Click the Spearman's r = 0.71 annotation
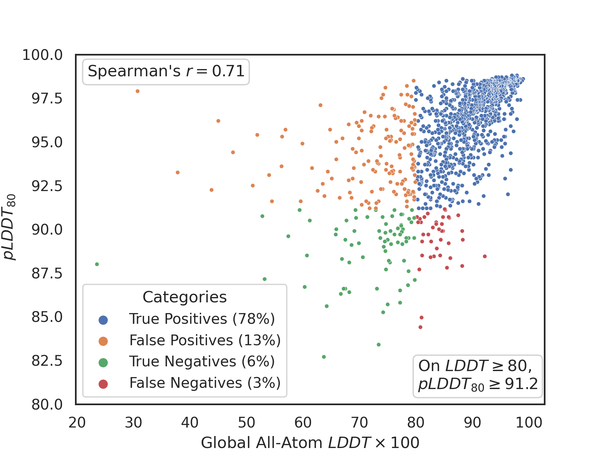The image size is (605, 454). (x=166, y=72)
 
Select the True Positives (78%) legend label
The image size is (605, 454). (x=202, y=319)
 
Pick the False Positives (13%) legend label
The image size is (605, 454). (x=205, y=340)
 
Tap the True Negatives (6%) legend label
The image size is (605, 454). (x=202, y=361)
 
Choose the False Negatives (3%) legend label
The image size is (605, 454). (x=205, y=383)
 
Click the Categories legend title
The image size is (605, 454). (x=185, y=297)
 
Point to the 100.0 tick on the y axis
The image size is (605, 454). (x=43, y=55)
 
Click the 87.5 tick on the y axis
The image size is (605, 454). (x=47, y=273)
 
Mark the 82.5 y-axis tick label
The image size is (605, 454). (x=47, y=361)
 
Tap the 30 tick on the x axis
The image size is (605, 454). (x=133, y=423)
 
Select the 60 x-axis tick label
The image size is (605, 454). (x=303, y=423)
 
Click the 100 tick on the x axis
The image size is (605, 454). (x=529, y=423)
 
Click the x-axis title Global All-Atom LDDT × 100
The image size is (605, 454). (x=310, y=443)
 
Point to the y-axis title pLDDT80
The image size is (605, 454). (x=9, y=227)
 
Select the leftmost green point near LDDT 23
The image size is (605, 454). (x=97, y=264)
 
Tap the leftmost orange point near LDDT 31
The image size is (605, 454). (x=138, y=91)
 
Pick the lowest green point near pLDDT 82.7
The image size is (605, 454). (x=324, y=357)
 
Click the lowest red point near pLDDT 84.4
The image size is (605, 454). (x=420, y=327)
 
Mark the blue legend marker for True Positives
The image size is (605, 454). (x=103, y=320)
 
